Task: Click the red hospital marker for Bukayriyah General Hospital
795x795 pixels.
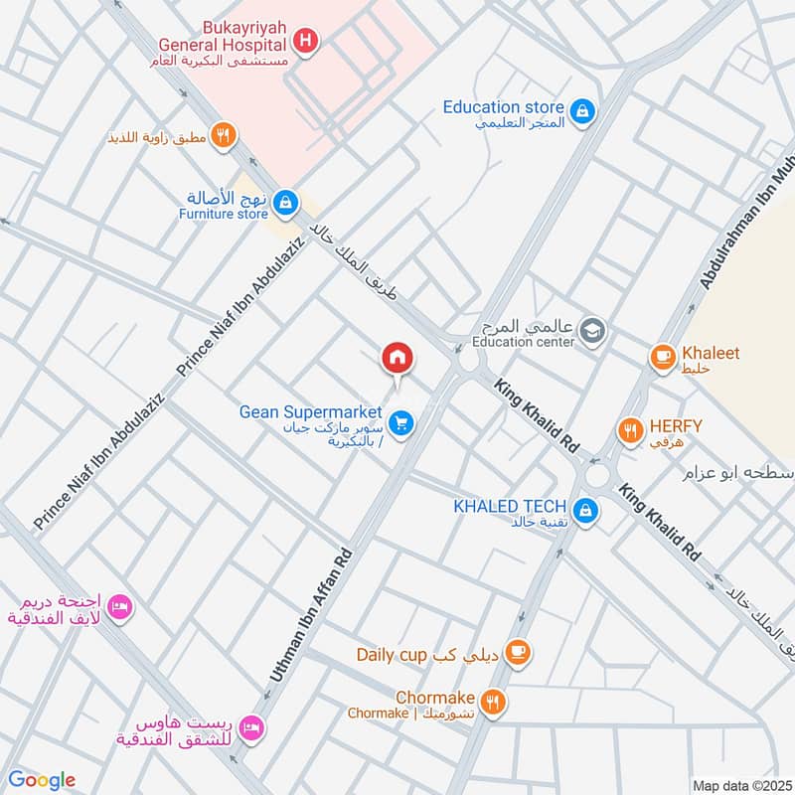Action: click(306, 41)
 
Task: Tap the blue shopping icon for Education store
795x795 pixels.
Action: click(585, 108)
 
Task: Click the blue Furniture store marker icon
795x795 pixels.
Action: click(285, 203)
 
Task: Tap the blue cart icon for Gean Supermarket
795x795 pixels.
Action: click(401, 424)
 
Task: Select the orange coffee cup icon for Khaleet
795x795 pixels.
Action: click(662, 358)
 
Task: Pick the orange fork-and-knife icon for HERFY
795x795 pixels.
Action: click(629, 430)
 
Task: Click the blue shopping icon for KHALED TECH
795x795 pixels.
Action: click(586, 510)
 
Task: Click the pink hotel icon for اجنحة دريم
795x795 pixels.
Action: click(120, 606)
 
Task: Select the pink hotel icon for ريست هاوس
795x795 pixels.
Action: click(253, 728)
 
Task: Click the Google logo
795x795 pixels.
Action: click(42, 780)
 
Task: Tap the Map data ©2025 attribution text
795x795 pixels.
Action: click(740, 786)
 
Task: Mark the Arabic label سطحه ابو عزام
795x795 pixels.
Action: click(736, 473)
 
